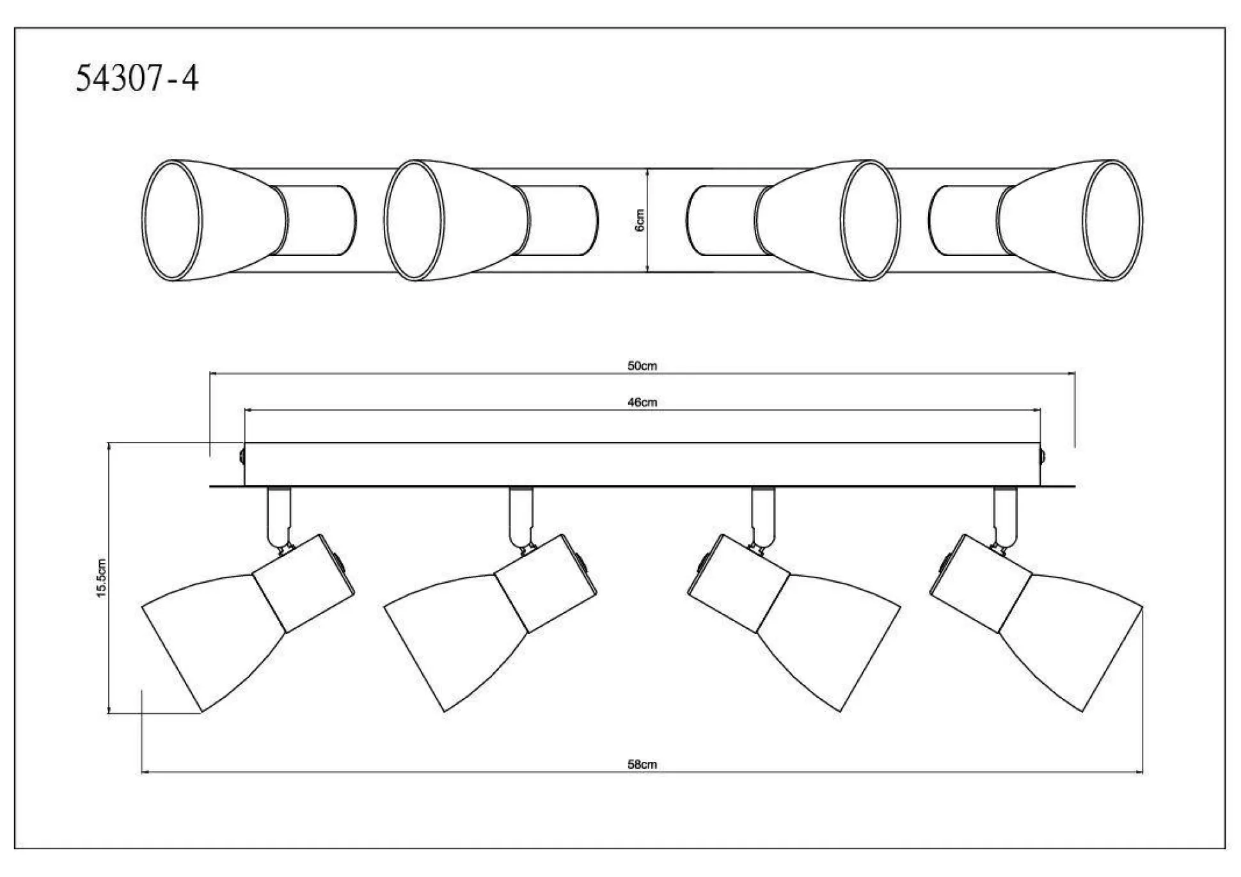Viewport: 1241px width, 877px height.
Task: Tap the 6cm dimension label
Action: point(640,220)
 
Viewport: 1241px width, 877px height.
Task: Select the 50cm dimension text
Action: point(642,366)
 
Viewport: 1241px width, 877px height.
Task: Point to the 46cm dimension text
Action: point(642,402)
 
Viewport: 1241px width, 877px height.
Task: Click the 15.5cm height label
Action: point(101,578)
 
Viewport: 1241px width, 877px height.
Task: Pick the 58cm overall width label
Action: point(642,764)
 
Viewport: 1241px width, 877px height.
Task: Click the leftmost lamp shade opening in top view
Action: point(171,220)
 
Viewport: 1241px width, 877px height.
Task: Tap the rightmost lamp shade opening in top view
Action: point(1114,220)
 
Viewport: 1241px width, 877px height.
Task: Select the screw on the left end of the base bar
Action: point(242,457)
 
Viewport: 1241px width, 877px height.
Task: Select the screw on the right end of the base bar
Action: point(1043,457)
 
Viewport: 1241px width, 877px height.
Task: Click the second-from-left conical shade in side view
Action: point(457,640)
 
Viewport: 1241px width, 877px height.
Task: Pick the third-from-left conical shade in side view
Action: point(828,640)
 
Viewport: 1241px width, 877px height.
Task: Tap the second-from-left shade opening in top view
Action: point(414,220)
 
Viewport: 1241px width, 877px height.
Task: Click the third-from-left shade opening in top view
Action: point(871,220)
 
